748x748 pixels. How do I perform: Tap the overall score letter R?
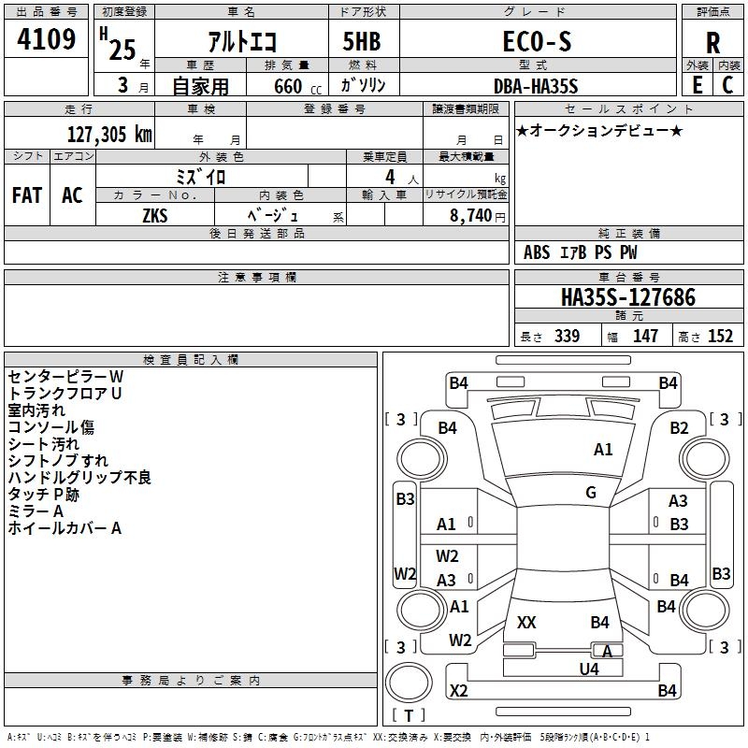pos(713,43)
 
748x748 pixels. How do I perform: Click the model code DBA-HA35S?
pos(536,86)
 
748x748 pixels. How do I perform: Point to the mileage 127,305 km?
pos(109,135)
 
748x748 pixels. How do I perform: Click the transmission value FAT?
pos(27,195)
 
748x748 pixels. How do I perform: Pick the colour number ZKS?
pos(155,215)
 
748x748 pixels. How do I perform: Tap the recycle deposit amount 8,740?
pos(472,215)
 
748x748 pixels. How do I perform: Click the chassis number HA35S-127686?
pos(627,297)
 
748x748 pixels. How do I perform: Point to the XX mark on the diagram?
pos(526,622)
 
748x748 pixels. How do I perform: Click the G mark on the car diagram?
pos(591,493)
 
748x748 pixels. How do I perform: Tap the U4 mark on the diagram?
pos(588,669)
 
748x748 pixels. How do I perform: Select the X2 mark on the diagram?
pos(458,691)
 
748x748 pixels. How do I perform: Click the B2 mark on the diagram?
pos(679,428)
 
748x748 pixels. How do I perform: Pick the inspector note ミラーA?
pos(36,511)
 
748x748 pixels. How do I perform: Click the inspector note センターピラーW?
pos(65,376)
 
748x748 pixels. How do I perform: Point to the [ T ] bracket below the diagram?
pos(409,716)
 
